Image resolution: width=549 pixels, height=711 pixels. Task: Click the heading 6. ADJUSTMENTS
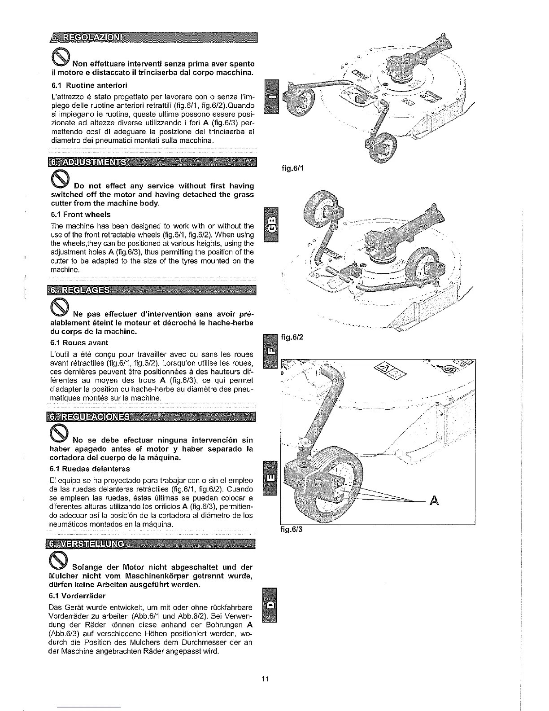87,162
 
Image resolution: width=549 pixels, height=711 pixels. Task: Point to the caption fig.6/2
292,336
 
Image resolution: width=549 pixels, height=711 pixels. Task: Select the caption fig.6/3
292,529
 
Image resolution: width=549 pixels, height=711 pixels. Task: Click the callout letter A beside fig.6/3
433,500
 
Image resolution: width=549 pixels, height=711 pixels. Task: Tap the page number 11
265,678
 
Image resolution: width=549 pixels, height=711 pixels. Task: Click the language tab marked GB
271,224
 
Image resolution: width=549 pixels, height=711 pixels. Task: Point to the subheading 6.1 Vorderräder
78,596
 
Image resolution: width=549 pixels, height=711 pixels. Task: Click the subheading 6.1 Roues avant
79,342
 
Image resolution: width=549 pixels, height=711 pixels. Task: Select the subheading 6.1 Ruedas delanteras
90,469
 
